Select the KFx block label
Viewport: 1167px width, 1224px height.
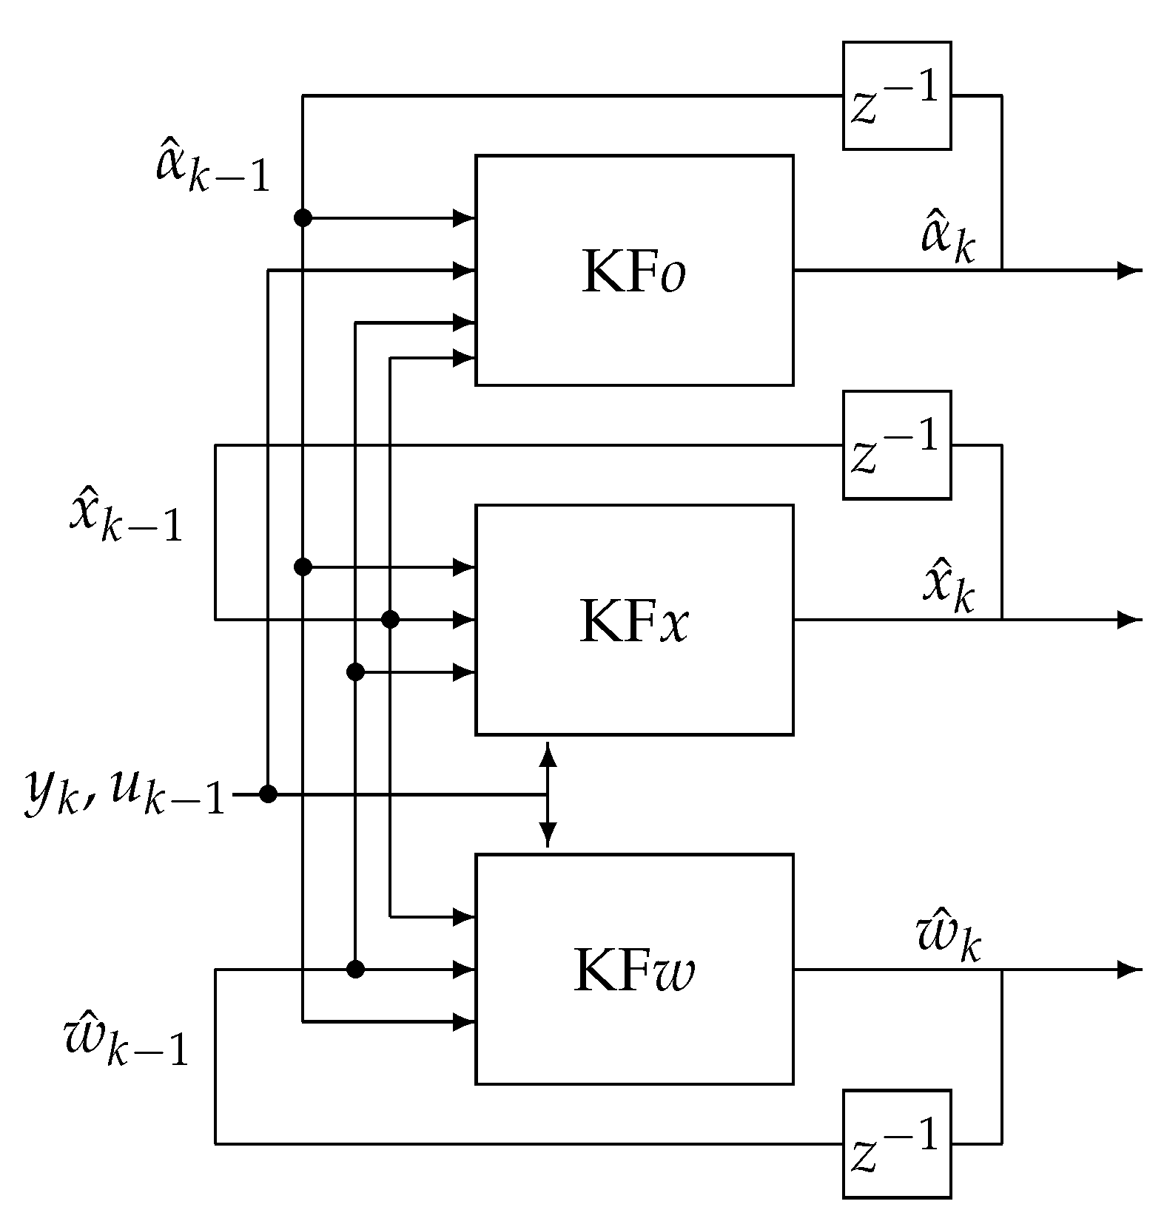click(x=633, y=621)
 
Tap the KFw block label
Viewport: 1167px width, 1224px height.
click(x=633, y=971)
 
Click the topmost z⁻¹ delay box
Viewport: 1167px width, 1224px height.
click(x=896, y=96)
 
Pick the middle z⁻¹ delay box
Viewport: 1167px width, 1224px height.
click(x=896, y=445)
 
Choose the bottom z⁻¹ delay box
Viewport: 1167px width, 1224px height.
click(x=896, y=1144)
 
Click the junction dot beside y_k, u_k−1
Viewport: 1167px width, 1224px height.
click(x=268, y=795)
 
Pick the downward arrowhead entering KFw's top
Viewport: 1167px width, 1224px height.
click(x=548, y=836)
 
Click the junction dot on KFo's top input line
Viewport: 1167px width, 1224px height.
click(x=303, y=217)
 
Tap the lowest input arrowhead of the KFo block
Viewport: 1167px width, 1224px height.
click(x=464, y=358)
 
